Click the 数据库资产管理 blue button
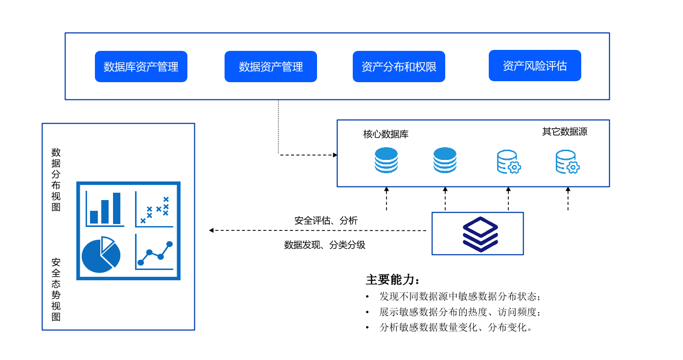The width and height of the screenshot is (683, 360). pos(141,67)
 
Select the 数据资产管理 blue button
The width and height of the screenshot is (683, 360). pos(271,67)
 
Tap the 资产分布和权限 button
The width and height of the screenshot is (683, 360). pos(399,67)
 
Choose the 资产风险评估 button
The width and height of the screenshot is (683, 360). pos(535,66)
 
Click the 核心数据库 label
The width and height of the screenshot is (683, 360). pos(386,134)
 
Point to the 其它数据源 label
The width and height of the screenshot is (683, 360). pos(565,132)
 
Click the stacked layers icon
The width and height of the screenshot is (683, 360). pos(480,234)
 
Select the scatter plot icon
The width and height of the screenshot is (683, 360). pos(155,209)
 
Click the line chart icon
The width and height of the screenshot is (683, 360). pos(155,252)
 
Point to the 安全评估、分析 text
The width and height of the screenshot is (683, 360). pos(326,221)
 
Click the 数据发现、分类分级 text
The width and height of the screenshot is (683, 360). pos(325,245)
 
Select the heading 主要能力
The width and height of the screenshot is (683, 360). pos(393,280)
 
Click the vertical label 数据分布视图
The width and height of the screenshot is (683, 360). pos(56,180)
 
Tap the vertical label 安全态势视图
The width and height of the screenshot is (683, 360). pos(56,290)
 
